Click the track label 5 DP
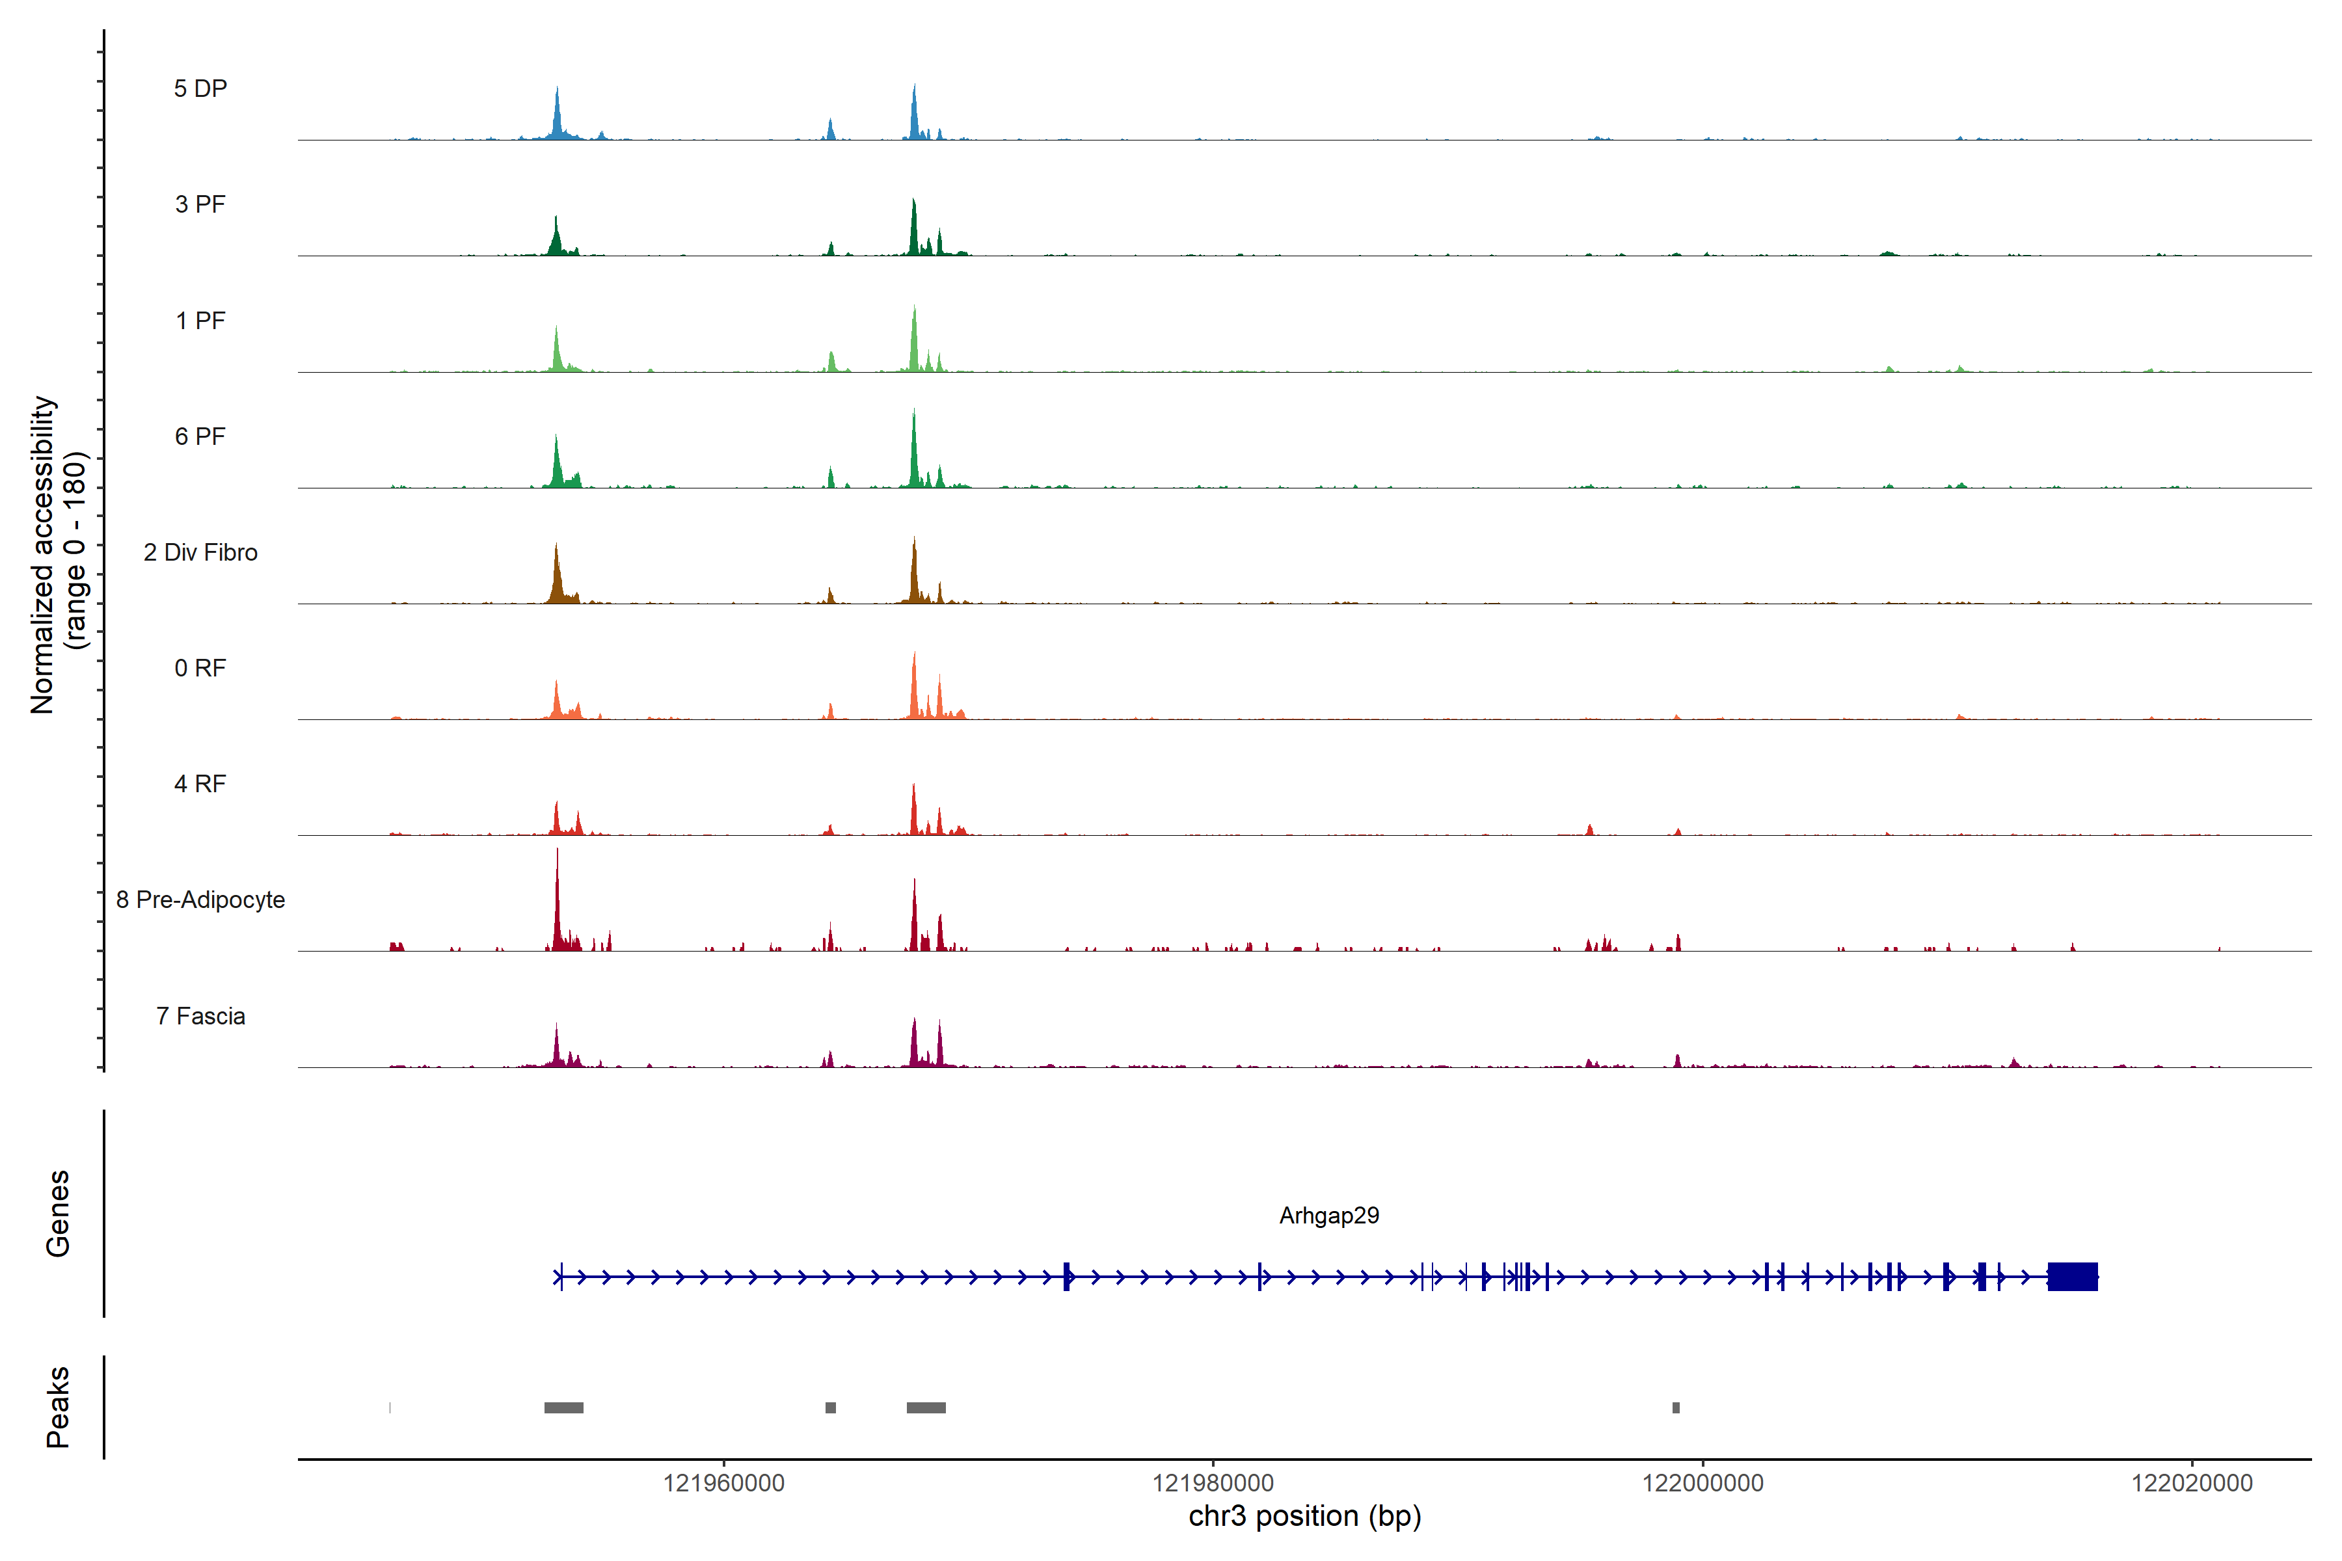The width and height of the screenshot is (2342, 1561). (x=200, y=88)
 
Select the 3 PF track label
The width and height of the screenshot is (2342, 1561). (x=200, y=204)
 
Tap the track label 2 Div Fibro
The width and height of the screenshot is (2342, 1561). (x=200, y=552)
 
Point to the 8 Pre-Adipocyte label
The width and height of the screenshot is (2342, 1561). (x=200, y=900)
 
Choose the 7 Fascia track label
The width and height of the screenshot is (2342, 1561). (x=200, y=1017)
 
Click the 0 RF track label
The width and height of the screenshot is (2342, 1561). (x=200, y=668)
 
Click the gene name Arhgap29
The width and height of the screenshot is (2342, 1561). (x=1328, y=1216)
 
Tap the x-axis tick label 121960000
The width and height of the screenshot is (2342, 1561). (x=724, y=1484)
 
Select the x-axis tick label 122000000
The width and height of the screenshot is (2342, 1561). (x=1702, y=1484)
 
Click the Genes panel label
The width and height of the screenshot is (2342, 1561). (x=58, y=1214)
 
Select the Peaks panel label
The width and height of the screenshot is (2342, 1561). (x=58, y=1407)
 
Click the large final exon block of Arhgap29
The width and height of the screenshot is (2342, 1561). (x=2072, y=1276)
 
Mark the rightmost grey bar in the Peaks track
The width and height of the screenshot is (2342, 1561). (x=1676, y=1408)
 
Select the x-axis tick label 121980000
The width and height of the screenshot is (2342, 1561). (x=1213, y=1484)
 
